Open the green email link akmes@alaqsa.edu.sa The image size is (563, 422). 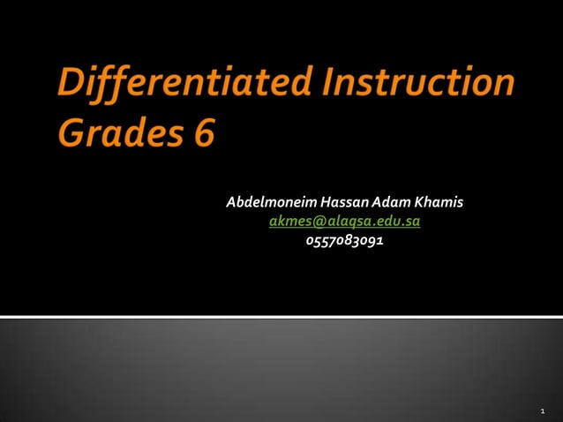[344, 222]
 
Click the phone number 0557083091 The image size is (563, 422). [344, 240]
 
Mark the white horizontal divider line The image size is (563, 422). [281, 316]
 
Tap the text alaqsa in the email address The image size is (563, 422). [342, 222]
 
